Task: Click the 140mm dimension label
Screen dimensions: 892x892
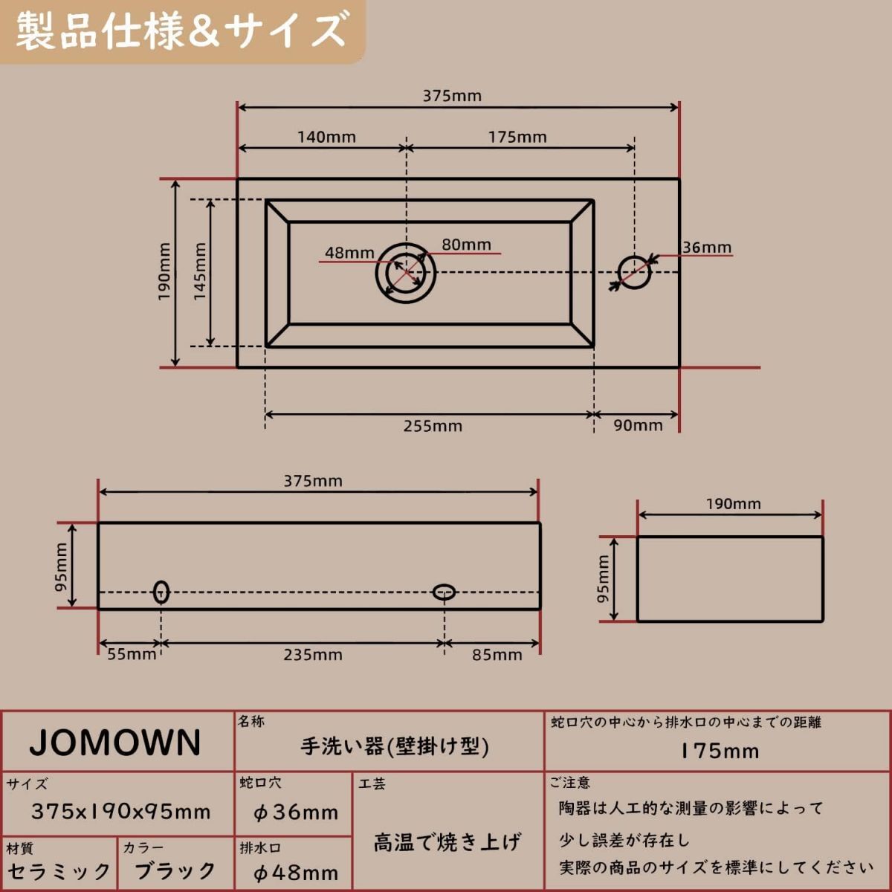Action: click(x=326, y=138)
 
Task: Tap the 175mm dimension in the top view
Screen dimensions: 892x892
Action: click(x=517, y=138)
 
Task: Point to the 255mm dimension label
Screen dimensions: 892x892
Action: click(x=433, y=426)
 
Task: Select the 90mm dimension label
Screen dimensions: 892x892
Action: click(x=638, y=426)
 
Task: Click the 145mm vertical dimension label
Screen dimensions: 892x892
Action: click(x=200, y=272)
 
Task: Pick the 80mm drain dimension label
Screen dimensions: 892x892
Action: click(x=466, y=245)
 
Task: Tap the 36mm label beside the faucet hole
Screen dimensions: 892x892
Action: click(x=707, y=248)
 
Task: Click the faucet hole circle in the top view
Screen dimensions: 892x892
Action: click(x=634, y=272)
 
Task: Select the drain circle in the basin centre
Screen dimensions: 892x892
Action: click(x=405, y=273)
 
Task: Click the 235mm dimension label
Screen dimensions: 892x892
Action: click(x=312, y=655)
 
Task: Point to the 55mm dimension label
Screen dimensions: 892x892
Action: click(x=132, y=655)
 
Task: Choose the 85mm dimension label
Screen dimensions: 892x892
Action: click(x=497, y=655)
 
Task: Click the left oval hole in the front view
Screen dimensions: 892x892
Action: click(x=161, y=592)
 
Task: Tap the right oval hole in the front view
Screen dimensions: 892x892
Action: click(x=444, y=592)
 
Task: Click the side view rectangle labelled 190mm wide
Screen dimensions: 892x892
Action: click(x=730, y=578)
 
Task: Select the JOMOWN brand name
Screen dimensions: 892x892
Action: click(x=115, y=743)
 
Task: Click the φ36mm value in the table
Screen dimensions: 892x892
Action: click(x=296, y=812)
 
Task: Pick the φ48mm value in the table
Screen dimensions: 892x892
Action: click(x=296, y=873)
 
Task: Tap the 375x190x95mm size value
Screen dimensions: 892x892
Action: click(x=120, y=811)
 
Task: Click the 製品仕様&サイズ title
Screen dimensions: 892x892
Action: click(x=181, y=31)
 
